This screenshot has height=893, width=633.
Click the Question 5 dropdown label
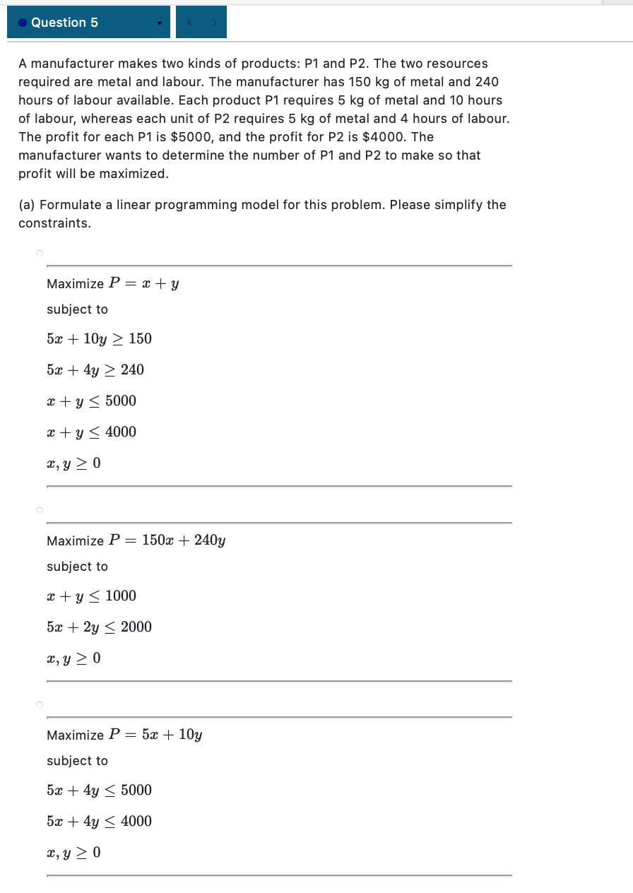tap(64, 23)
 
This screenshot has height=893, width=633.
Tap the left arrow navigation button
tap(189, 23)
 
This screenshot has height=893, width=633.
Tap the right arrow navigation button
tap(214, 23)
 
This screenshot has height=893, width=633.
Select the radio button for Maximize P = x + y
tap(40, 253)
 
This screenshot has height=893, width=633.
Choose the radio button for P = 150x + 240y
tap(40, 509)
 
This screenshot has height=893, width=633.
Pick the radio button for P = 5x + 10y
tap(40, 704)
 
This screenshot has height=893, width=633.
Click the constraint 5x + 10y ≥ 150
tap(99, 338)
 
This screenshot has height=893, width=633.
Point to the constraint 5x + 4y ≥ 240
tap(95, 369)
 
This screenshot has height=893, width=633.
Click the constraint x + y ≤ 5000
tap(91, 401)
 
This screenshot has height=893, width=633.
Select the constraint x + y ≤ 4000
tap(91, 432)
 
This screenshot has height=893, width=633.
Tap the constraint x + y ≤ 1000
tap(91, 596)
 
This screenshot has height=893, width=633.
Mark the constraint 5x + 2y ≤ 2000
tap(99, 627)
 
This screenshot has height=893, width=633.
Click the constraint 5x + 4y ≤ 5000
tap(99, 790)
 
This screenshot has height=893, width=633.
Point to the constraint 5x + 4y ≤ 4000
tap(99, 821)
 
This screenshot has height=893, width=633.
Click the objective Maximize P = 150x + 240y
tap(136, 541)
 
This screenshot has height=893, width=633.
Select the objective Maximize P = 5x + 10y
tap(124, 735)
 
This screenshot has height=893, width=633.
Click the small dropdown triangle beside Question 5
tap(160, 23)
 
